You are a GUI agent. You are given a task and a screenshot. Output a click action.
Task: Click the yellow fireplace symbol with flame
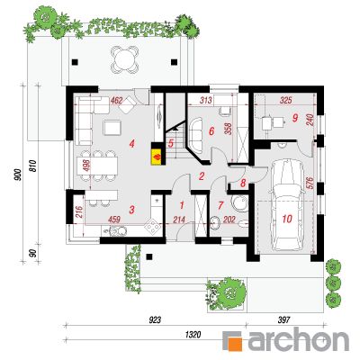click(x=157, y=157)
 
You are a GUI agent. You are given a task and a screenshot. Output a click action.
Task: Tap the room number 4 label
click(x=131, y=144)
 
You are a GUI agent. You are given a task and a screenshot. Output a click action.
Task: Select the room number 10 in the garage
click(x=287, y=219)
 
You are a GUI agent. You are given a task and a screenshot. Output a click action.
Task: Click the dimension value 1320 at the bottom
click(x=193, y=335)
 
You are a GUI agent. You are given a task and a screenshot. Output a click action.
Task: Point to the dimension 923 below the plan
click(x=155, y=320)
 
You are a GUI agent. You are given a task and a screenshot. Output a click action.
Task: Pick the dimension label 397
click(x=284, y=320)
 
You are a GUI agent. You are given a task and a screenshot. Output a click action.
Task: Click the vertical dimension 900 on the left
click(x=19, y=175)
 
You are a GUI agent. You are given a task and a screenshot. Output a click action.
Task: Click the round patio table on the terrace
click(x=124, y=58)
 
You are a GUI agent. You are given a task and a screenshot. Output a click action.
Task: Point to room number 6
click(x=211, y=131)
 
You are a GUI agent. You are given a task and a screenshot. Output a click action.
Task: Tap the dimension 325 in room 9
click(x=285, y=101)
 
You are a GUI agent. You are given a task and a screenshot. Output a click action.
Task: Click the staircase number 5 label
click(x=171, y=143)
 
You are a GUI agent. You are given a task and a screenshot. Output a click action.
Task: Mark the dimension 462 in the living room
click(x=116, y=101)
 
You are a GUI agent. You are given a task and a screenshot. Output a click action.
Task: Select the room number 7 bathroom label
click(x=220, y=205)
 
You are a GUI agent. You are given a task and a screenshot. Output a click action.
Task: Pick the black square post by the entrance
click(x=149, y=256)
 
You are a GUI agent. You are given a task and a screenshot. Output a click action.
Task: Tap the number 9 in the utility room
click(x=295, y=118)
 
